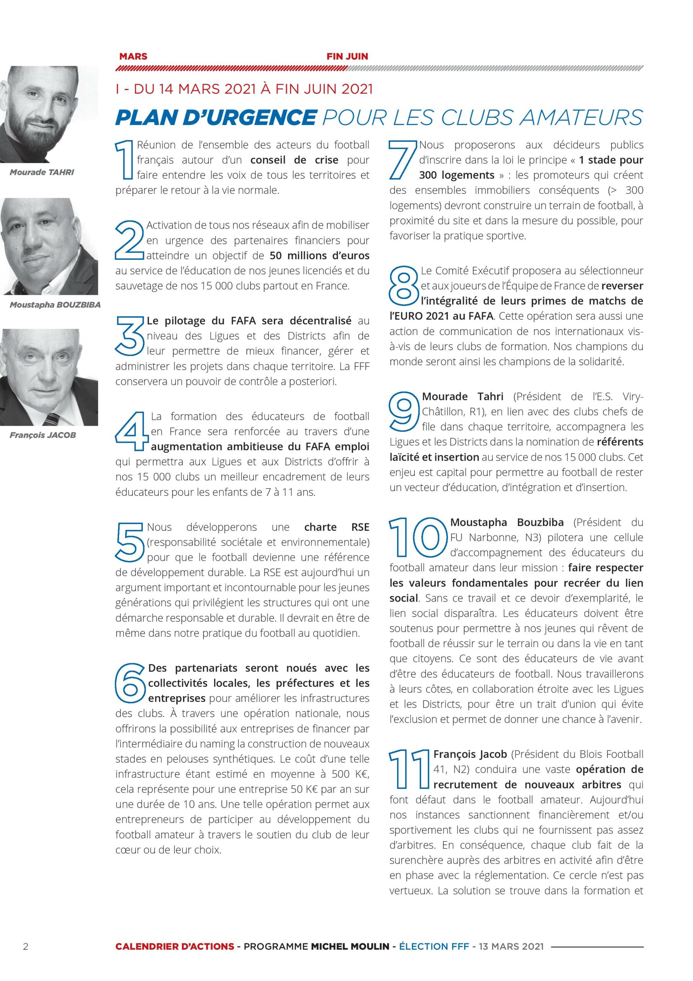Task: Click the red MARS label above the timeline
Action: point(133,56)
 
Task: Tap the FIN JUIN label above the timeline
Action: point(347,56)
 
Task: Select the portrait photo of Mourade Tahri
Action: point(49,114)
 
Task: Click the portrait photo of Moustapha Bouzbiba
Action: point(49,246)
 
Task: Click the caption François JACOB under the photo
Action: point(43,435)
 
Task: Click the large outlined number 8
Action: point(404,286)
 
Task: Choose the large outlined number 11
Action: point(409,769)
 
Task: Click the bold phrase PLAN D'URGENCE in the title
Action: point(216,118)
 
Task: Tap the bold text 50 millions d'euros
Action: point(319,256)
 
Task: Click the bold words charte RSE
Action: point(337,527)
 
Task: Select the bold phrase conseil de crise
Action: point(294,160)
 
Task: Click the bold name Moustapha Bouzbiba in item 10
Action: point(507,522)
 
